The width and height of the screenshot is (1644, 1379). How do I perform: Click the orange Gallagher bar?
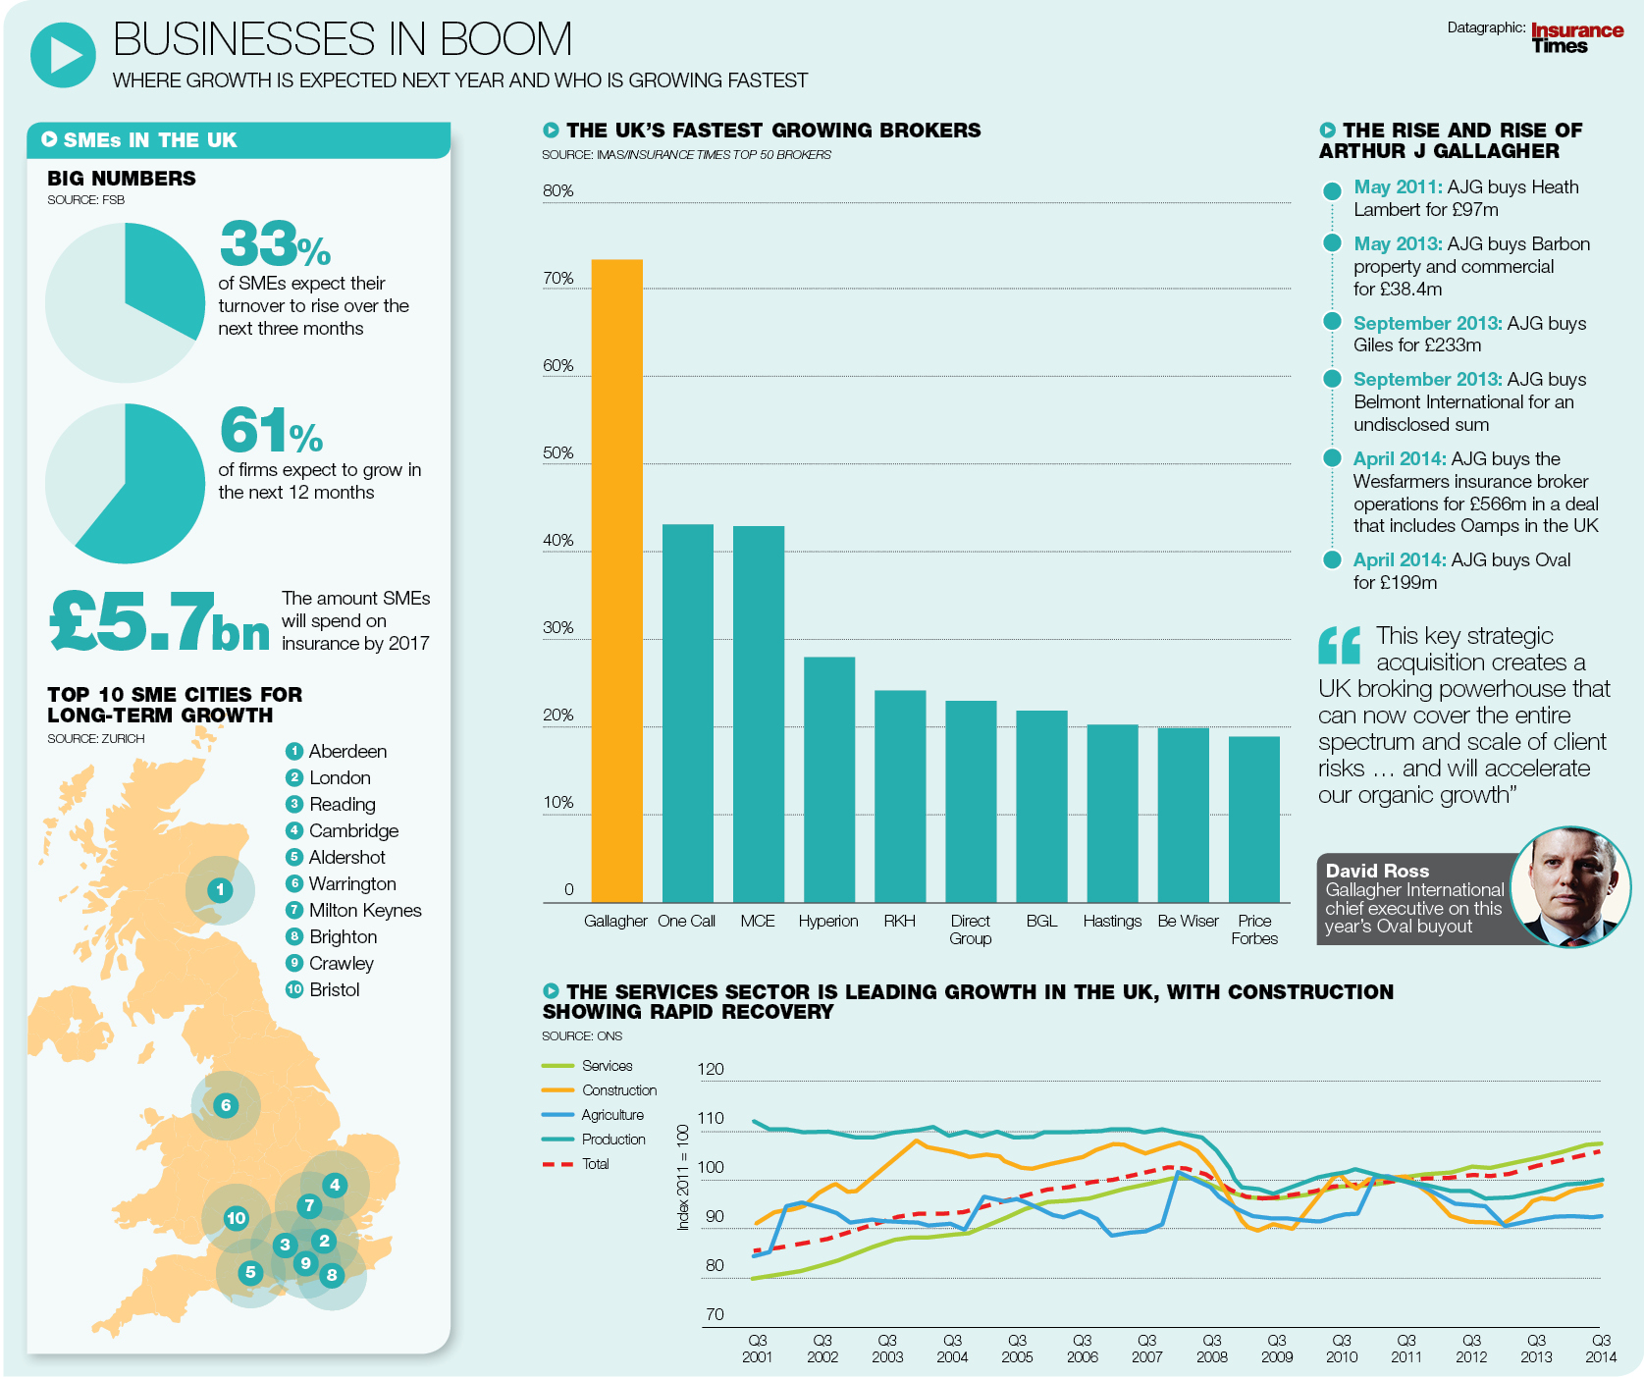click(616, 579)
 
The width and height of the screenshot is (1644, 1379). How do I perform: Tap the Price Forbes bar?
click(1253, 819)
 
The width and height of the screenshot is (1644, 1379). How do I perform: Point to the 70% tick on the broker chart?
click(557, 279)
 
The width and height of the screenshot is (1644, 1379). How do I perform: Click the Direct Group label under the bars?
click(970, 929)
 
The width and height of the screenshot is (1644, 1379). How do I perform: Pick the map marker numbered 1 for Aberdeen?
click(220, 890)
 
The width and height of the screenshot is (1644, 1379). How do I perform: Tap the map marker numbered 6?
click(226, 1105)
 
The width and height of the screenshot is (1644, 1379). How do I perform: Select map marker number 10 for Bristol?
click(236, 1219)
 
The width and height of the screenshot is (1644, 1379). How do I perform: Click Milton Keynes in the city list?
click(364, 910)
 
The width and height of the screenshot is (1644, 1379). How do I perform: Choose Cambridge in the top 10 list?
click(353, 830)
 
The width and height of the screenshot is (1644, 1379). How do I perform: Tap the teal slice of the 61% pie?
click(147, 491)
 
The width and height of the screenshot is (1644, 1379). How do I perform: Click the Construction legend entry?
click(618, 1090)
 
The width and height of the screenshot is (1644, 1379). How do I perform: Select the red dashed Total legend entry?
click(595, 1164)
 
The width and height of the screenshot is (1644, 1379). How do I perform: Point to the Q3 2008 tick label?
click(1211, 1349)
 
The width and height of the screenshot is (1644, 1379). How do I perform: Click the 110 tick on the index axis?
click(711, 1118)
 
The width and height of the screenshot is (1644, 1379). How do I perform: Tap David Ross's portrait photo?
click(1569, 886)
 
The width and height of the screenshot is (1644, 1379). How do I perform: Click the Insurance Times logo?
click(1576, 38)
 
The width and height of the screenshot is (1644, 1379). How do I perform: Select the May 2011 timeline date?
click(1397, 186)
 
